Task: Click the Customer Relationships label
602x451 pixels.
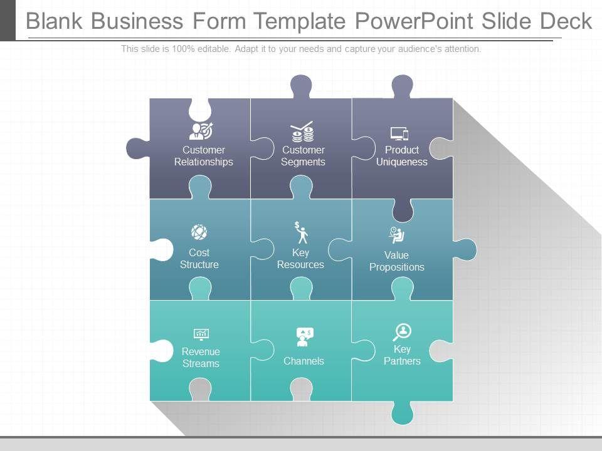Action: coord(203,156)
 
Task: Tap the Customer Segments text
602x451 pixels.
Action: coord(303,156)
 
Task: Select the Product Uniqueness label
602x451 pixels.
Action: coord(402,156)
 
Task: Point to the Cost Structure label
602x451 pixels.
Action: coord(199,259)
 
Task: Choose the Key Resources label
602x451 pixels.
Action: coord(300,259)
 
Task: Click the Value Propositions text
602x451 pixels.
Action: coord(396,261)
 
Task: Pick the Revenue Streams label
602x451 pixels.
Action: coord(201,358)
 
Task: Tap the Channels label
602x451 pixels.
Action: coord(304,361)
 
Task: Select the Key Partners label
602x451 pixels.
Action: coord(402,355)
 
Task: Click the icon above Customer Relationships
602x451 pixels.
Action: coord(201,131)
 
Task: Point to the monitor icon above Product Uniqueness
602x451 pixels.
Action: coord(399,133)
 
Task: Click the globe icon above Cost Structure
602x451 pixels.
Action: coord(199,232)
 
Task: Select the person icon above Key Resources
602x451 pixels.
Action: coord(302,232)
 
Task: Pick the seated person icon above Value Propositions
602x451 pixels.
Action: coord(396,235)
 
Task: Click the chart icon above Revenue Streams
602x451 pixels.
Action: coord(201,334)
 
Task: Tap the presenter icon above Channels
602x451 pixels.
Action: coord(304,337)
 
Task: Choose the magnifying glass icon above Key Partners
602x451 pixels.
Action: coord(401,332)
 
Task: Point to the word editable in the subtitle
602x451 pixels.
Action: coord(214,49)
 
